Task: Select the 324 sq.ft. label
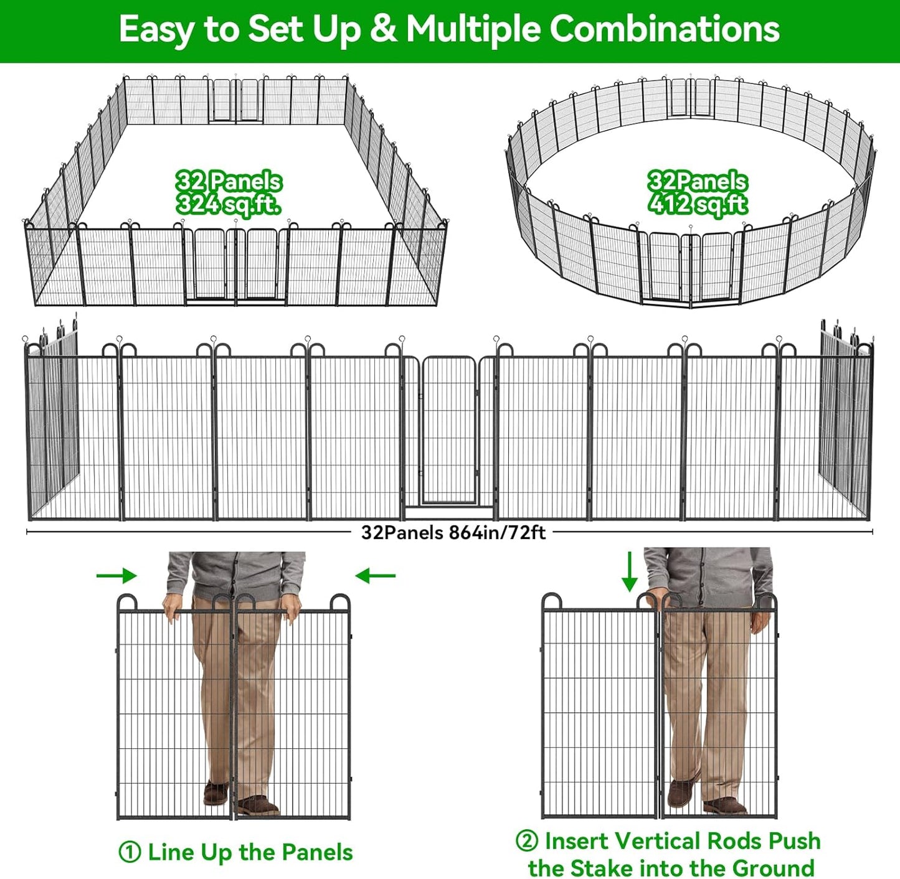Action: (x=228, y=204)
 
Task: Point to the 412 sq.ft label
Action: (x=698, y=204)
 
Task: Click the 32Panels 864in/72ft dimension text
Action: (x=453, y=533)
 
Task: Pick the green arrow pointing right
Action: (x=116, y=576)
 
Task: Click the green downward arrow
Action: (x=630, y=571)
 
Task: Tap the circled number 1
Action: (x=130, y=852)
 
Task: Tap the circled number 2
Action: (x=527, y=840)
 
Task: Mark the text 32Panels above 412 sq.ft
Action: (x=697, y=181)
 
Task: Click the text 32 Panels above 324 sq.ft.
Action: (x=229, y=182)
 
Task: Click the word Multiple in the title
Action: (x=473, y=29)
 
